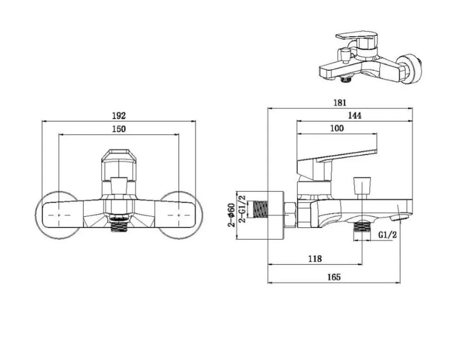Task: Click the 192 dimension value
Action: (119, 116)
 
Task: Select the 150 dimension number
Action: (119, 129)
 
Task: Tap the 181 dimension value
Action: (340, 103)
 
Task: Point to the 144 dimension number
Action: (355, 116)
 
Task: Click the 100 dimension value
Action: (337, 128)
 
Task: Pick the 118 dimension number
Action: (315, 259)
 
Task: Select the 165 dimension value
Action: (334, 277)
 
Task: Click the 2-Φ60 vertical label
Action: (232, 215)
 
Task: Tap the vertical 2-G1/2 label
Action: (242, 209)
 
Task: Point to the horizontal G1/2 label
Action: (387, 235)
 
